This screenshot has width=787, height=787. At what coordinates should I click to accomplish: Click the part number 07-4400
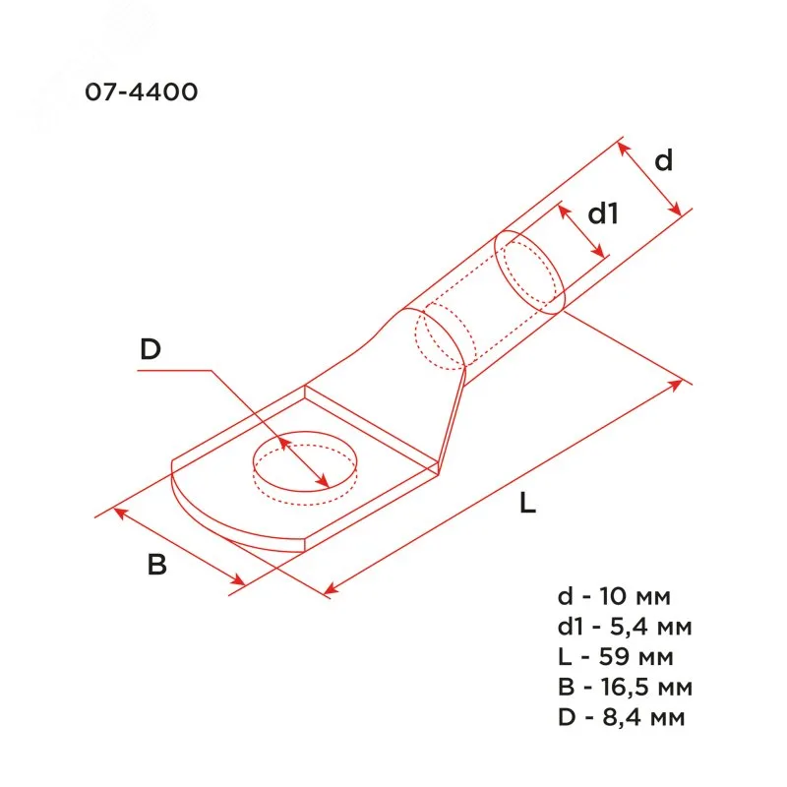tap(142, 91)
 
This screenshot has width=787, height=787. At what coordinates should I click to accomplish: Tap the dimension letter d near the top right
tap(663, 160)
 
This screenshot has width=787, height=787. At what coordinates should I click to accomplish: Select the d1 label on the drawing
tap(603, 213)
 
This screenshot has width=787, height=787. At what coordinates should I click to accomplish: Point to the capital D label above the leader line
tap(151, 349)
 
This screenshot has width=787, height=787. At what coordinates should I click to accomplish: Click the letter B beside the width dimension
tap(157, 564)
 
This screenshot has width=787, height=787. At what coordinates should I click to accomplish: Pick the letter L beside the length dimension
tap(527, 503)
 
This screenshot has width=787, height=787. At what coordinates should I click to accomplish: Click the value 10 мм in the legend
tap(635, 596)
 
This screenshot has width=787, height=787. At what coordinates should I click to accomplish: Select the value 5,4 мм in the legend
tap(650, 627)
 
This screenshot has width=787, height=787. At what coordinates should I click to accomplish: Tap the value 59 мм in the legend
tap(636, 656)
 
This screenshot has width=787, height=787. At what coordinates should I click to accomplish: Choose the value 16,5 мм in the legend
tap(646, 687)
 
